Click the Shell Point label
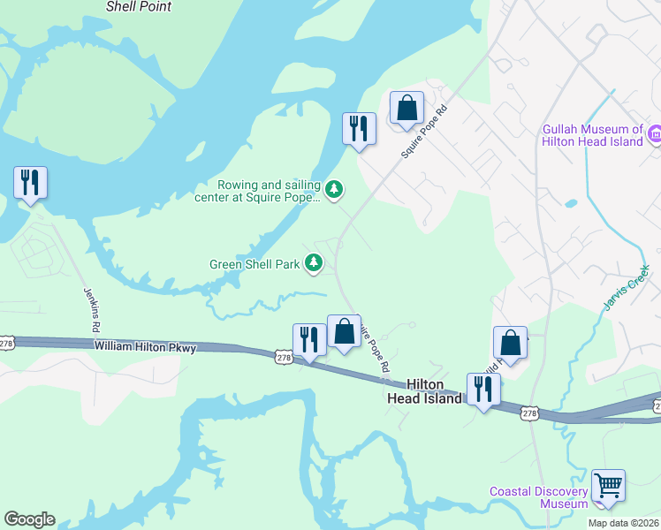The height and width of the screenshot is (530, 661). pyautogui.click(x=138, y=6)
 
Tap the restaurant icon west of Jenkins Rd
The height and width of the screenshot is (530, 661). pyautogui.click(x=30, y=183)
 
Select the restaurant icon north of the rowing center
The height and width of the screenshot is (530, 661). pyautogui.click(x=359, y=128)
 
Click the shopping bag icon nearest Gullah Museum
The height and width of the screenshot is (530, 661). pyautogui.click(x=406, y=108)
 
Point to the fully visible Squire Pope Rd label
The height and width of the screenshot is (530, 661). pyautogui.click(x=425, y=132)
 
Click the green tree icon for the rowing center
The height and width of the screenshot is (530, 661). pyautogui.click(x=334, y=189)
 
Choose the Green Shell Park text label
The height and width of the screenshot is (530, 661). pyautogui.click(x=255, y=263)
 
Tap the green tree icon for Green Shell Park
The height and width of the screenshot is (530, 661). pyautogui.click(x=314, y=262)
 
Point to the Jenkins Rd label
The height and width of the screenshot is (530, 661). pyautogui.click(x=90, y=309)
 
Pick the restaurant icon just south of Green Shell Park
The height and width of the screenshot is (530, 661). pyautogui.click(x=309, y=340)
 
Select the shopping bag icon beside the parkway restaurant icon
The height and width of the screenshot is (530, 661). pyautogui.click(x=344, y=332)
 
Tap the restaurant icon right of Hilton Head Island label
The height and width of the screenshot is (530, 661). pyautogui.click(x=483, y=390)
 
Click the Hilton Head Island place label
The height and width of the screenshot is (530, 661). pyautogui.click(x=424, y=391)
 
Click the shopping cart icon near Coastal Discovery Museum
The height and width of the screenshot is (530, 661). pyautogui.click(x=608, y=486)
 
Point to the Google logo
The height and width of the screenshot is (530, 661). pyautogui.click(x=29, y=519)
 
